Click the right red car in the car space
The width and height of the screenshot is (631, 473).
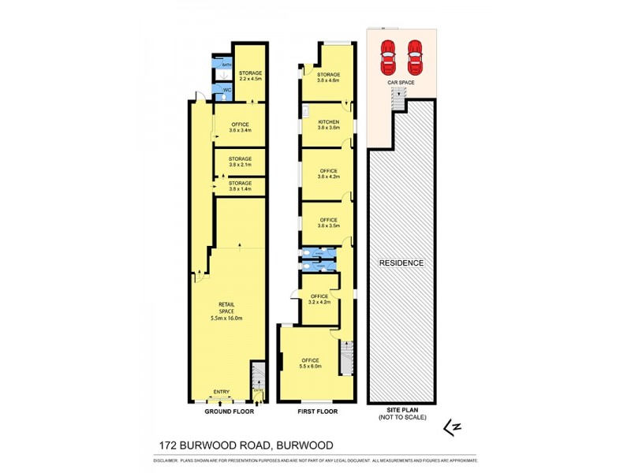[415, 55]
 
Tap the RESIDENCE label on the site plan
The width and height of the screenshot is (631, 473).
[401, 263]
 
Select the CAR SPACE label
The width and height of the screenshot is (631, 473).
[401, 80]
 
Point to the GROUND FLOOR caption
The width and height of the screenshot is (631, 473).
[227, 412]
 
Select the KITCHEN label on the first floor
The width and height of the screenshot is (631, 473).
[328, 121]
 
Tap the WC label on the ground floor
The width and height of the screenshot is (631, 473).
[227, 91]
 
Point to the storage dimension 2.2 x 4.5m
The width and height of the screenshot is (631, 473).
[251, 79]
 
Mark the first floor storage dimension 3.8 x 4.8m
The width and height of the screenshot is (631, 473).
[328, 79]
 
